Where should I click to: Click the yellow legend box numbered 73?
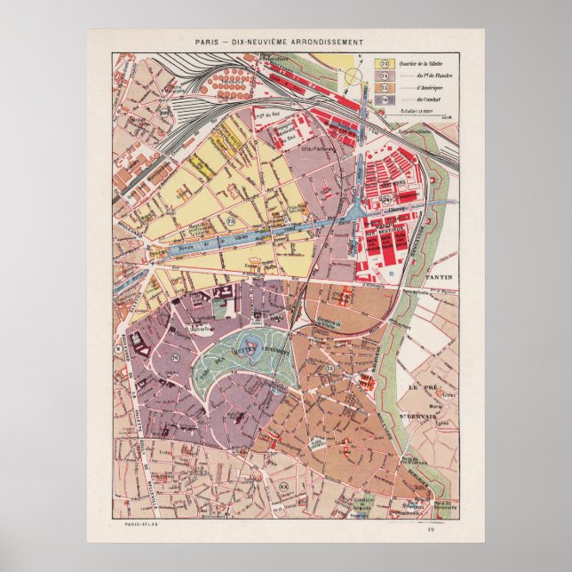[385, 64]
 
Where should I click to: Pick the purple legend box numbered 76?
[385, 101]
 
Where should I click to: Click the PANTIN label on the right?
[439, 277]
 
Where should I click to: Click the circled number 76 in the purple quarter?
[174, 358]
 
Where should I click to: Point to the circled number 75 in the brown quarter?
[330, 368]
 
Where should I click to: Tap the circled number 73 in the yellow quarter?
[231, 219]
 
